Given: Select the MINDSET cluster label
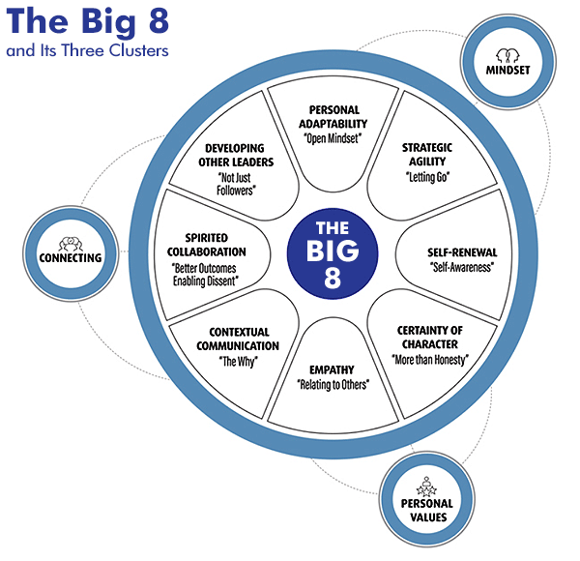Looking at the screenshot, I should tap(501, 68).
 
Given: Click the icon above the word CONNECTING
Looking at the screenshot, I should tap(68, 243).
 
